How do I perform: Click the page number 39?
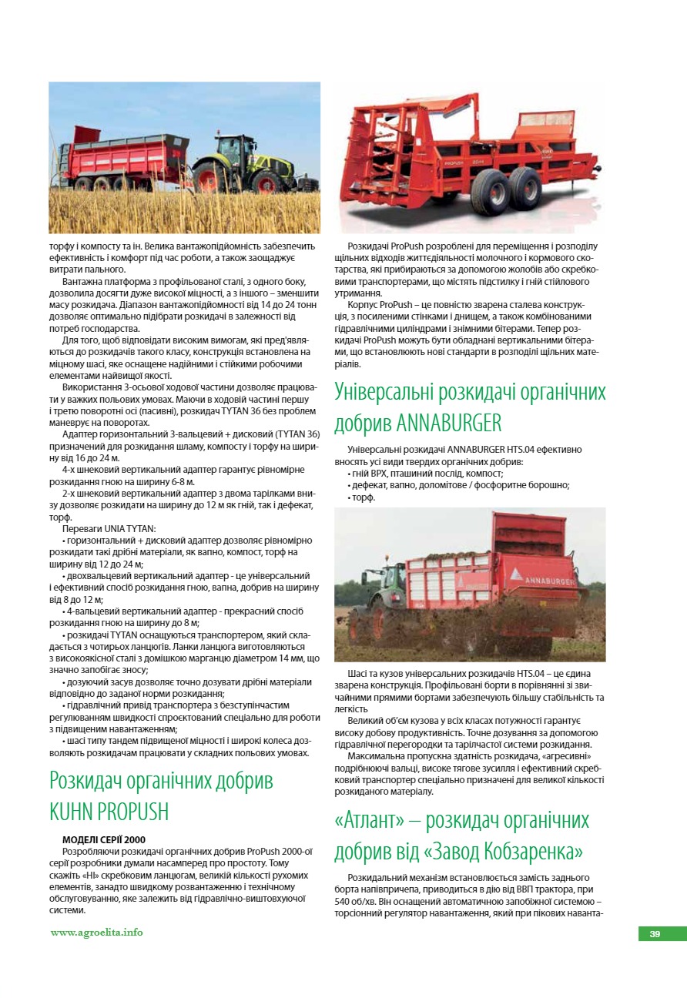[655, 934]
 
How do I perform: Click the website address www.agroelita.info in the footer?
[97, 932]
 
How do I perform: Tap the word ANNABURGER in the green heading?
[451, 423]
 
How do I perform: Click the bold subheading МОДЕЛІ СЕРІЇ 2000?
[104, 839]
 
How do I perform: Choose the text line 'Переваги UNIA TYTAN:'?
[109, 528]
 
